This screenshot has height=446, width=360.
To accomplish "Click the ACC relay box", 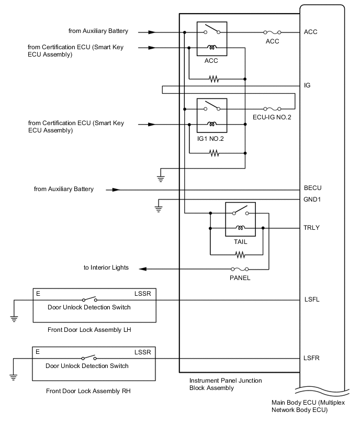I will pyautogui.click(x=211, y=39).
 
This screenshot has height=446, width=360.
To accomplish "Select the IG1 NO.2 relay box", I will pyautogui.click(x=211, y=115).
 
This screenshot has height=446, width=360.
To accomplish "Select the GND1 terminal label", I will pyautogui.click(x=312, y=199).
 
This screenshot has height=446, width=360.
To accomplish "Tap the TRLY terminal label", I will pyautogui.click(x=312, y=228).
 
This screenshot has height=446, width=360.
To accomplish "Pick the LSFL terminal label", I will pyautogui.click(x=312, y=300).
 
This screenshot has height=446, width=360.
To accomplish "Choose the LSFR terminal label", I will pyautogui.click(x=312, y=358).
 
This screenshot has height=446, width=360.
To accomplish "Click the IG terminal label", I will pyautogui.click(x=307, y=85).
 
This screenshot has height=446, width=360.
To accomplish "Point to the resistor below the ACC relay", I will pyautogui.click(x=213, y=79).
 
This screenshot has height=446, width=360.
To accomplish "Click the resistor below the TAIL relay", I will pyautogui.click(x=240, y=255).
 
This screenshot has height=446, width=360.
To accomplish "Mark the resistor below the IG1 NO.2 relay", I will pyautogui.click(x=213, y=153).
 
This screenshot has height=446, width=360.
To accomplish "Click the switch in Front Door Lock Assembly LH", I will pyautogui.click(x=89, y=300).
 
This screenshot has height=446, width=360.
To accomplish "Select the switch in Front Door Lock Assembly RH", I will pyautogui.click(x=89, y=359).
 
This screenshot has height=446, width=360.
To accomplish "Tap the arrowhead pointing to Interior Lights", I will pyautogui.click(x=142, y=269).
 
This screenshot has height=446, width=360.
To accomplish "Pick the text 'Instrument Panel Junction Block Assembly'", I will pyautogui.click(x=225, y=384).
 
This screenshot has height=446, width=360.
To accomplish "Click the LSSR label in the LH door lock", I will pyautogui.click(x=142, y=294).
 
